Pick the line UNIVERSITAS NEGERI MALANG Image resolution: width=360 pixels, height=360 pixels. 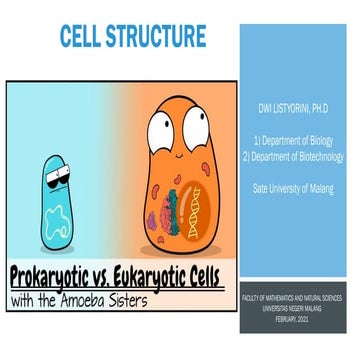[303, 306]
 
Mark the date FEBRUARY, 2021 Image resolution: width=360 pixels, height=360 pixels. [303, 314]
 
